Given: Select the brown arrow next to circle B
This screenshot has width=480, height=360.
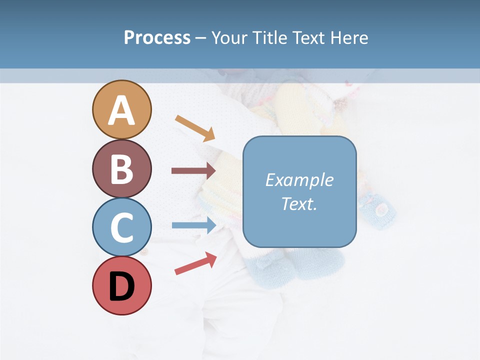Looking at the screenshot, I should tap(193, 171).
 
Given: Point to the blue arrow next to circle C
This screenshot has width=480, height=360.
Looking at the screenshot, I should tap(193, 225).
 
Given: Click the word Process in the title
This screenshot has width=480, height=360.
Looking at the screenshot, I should tap(157, 38).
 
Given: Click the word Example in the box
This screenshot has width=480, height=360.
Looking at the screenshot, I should tap(299, 180).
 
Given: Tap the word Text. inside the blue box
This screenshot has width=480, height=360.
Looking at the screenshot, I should tap(299, 203).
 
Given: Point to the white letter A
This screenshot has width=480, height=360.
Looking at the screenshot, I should tap(121, 110).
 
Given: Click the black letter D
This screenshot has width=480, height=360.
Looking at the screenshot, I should tap(121, 286).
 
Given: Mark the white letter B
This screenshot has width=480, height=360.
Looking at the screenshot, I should tap(121, 169).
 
